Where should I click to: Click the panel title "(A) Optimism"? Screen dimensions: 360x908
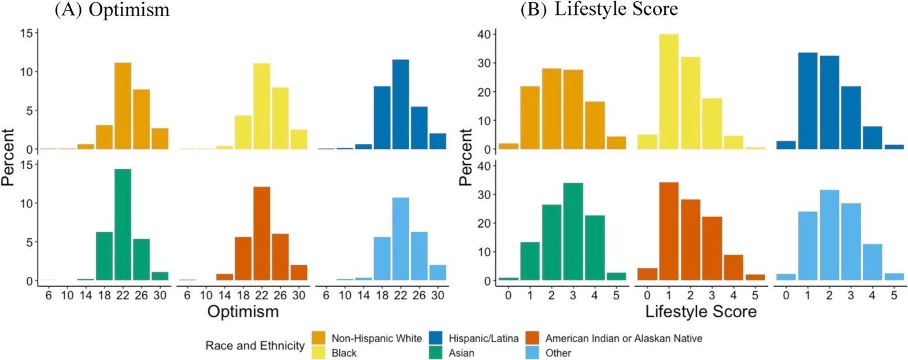112,10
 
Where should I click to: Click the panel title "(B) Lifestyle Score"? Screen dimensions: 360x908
599,10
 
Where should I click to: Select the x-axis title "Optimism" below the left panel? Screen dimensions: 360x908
243,312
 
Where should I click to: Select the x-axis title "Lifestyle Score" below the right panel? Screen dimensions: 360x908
701,312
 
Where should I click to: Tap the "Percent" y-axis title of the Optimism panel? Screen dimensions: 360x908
8,157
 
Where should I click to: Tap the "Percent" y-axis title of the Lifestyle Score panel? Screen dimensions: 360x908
465,157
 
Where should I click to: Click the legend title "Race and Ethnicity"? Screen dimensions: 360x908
255,346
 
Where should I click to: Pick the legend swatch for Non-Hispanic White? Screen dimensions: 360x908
319,338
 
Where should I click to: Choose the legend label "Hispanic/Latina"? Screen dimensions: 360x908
483,338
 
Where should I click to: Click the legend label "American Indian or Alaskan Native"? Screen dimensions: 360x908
624,338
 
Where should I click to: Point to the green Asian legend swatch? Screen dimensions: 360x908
436,352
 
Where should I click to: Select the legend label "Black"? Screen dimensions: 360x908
344,352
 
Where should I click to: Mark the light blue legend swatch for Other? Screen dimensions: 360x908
533,352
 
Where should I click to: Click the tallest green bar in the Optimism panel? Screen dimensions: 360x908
123,225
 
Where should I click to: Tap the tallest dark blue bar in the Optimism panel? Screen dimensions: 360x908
401,104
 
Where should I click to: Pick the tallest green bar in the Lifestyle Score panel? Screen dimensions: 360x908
573,232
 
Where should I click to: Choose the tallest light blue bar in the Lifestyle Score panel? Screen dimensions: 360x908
829,235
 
